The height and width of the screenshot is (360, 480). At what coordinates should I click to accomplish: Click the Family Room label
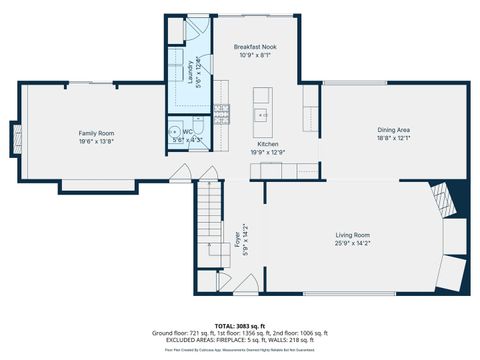pyautogui.click(x=97, y=133)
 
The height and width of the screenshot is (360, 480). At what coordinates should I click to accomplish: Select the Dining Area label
pyautogui.click(x=393, y=130)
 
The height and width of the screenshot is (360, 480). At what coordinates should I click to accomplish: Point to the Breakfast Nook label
pyautogui.click(x=255, y=47)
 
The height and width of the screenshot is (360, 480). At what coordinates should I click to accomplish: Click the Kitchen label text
pyautogui.click(x=268, y=144)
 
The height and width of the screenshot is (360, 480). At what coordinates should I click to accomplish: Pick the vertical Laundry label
pyautogui.click(x=191, y=70)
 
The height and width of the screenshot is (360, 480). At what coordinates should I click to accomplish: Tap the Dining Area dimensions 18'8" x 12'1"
pyautogui.click(x=393, y=138)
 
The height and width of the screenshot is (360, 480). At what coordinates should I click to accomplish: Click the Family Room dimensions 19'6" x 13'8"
pyautogui.click(x=97, y=141)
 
